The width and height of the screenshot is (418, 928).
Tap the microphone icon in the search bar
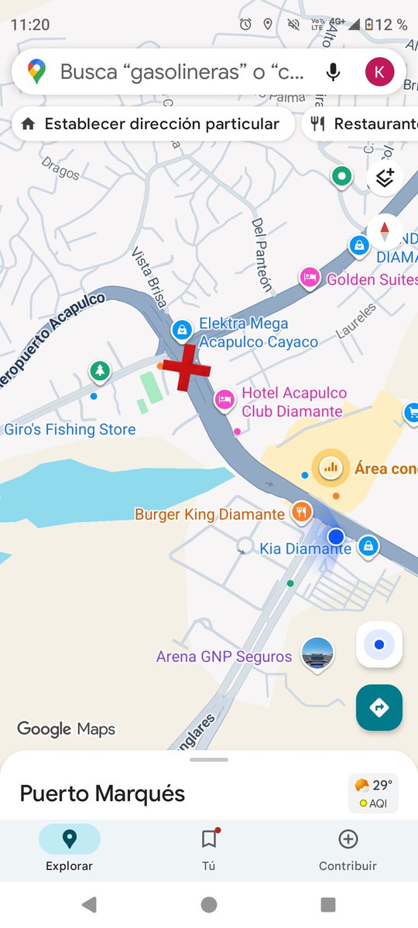click(333, 72)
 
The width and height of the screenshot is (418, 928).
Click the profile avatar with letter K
click(379, 72)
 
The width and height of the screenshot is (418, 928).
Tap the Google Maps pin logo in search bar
click(36, 72)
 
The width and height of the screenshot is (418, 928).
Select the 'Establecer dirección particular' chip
click(153, 124)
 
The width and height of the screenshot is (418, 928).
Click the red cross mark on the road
click(186, 368)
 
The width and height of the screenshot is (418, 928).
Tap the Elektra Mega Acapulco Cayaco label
click(259, 333)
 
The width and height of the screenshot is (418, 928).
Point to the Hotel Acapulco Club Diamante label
click(294, 402)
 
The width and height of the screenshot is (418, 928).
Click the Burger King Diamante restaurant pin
click(301, 511)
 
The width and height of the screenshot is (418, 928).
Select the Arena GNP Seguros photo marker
click(317, 655)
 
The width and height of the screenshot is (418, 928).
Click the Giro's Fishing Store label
click(70, 429)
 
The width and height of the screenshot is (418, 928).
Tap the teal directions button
click(379, 707)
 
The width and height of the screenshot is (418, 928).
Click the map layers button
click(385, 178)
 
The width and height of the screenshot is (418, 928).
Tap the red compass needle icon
click(385, 230)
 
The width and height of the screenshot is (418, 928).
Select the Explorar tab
click(69, 847)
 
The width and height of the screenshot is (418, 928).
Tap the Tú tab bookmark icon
click(208, 840)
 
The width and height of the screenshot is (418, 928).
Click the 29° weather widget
click(373, 793)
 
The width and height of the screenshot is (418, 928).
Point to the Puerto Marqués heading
click(102, 793)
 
